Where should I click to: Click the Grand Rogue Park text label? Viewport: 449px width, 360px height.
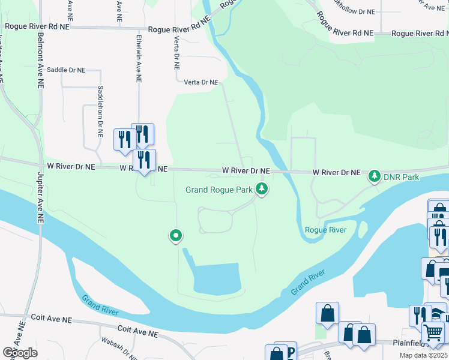coord(218,190)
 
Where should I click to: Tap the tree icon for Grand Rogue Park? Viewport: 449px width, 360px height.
coord(261,189)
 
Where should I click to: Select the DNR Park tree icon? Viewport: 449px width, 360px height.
coord(375,176)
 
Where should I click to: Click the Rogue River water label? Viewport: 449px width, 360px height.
coord(325,230)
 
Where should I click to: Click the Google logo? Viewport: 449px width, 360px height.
coord(20,353)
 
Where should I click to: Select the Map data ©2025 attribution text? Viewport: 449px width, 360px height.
coord(423,355)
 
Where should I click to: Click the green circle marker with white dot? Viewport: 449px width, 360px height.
coord(175,236)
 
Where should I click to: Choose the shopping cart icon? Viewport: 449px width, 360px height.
coord(433,332)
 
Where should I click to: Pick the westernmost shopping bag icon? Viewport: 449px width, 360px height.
coord(328,313)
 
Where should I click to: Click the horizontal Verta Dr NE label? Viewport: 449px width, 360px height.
coord(200,82)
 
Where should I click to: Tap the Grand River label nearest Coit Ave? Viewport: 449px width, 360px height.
coord(100,306)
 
